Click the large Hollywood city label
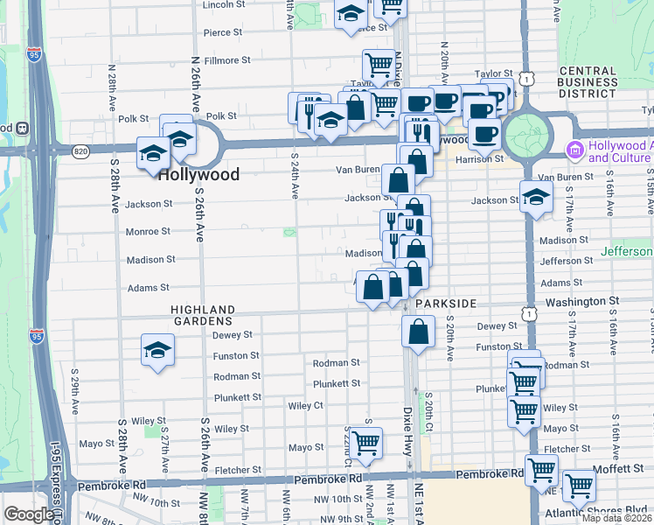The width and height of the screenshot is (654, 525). [x=198, y=174]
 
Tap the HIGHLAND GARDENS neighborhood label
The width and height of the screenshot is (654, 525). [x=203, y=316]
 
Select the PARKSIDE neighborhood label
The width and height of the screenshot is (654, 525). [x=446, y=303]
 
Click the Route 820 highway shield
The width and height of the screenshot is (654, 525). [x=81, y=151]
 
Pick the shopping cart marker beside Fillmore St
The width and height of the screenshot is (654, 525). [x=379, y=64]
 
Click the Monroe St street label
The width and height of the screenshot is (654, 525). [x=148, y=232]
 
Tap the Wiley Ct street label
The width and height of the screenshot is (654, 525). [x=305, y=405]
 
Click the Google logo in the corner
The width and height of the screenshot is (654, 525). [x=29, y=514]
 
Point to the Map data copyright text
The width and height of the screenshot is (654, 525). [x=616, y=518]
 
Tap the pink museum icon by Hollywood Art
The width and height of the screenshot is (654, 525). [x=575, y=147]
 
